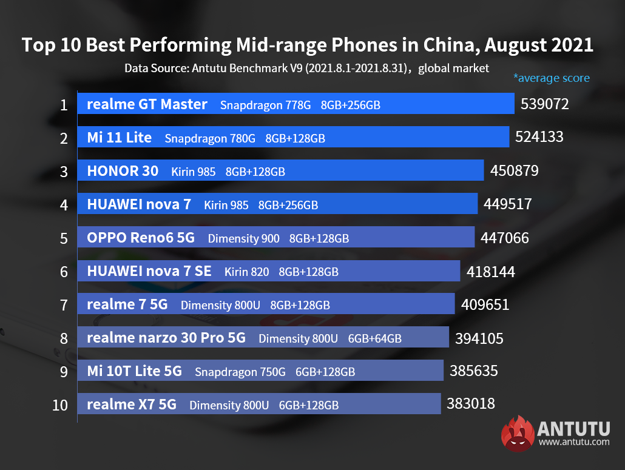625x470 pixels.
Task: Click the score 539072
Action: coord(544,104)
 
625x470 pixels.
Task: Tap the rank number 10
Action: coord(60,405)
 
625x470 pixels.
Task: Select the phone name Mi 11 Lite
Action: coord(119,138)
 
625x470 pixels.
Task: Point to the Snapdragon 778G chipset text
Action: coord(265,106)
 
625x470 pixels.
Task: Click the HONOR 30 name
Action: coord(123,171)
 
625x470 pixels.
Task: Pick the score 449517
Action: coord(507,204)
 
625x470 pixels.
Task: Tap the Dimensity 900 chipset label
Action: coord(243,239)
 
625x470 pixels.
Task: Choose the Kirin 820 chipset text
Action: coord(246,272)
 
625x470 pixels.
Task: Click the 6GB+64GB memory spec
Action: coord(374,339)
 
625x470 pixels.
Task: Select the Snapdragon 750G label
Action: coord(240,372)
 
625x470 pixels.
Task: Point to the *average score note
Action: coord(551,78)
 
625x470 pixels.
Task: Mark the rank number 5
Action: coord(64,238)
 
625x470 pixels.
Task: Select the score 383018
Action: coord(470,404)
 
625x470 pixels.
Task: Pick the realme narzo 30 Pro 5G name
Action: coord(166,338)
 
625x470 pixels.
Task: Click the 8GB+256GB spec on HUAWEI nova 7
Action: coord(288,206)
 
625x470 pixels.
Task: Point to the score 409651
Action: coord(485,304)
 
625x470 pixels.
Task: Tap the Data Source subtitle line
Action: coord(306,68)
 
